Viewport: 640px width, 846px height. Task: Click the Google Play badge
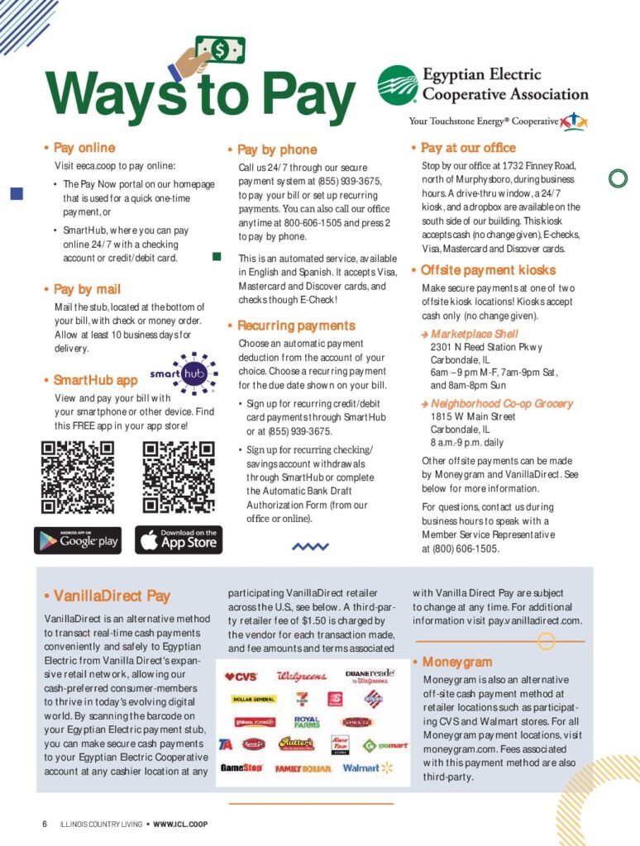click(x=78, y=540)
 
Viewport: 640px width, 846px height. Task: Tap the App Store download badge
click(x=179, y=540)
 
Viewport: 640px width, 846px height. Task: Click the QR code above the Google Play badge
click(x=78, y=477)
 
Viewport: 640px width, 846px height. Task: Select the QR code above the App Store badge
click(x=179, y=477)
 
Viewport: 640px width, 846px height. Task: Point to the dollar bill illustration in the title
click(x=218, y=51)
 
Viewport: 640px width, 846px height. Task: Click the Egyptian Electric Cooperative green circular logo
click(x=398, y=86)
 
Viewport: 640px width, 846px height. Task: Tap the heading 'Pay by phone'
click(x=277, y=150)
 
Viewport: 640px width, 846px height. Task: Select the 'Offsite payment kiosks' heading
click(x=488, y=270)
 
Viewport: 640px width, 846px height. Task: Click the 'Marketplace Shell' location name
click(x=475, y=334)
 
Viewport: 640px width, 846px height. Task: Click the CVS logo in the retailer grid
click(x=241, y=677)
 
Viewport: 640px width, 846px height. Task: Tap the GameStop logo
click(x=241, y=768)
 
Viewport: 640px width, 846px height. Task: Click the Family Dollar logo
click(x=303, y=768)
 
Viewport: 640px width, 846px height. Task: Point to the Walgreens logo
click(x=302, y=677)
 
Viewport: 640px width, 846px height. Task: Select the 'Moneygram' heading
click(x=457, y=662)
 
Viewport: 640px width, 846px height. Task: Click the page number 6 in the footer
click(x=45, y=824)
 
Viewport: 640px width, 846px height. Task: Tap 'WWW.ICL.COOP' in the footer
click(x=180, y=824)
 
